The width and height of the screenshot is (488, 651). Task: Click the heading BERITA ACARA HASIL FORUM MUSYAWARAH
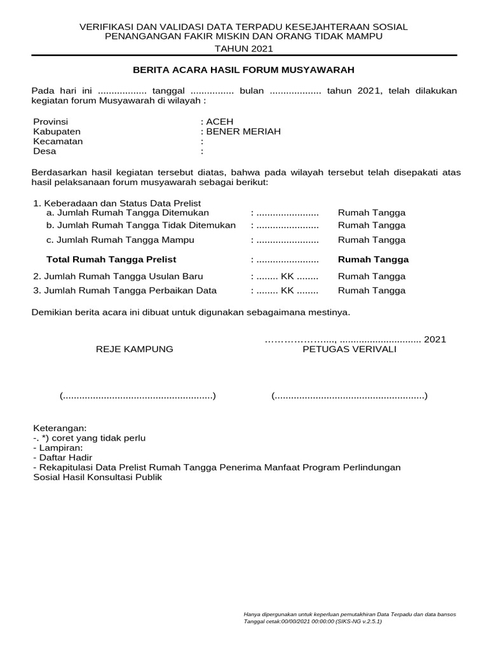tap(243, 69)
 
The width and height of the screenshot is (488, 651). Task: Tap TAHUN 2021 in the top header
tap(243, 48)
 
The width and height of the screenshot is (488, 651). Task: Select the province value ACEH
tap(219, 121)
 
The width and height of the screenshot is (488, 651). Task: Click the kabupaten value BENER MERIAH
tap(242, 132)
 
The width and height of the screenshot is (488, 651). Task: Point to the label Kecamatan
tap(58, 141)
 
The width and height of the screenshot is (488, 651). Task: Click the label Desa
tap(44, 151)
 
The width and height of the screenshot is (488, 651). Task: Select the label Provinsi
tap(50, 121)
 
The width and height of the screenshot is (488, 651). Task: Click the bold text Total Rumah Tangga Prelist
tap(111, 259)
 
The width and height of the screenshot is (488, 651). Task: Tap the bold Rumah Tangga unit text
tap(373, 259)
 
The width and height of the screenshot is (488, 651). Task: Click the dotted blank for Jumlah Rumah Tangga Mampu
tap(287, 240)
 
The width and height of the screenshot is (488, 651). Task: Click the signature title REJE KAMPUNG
tap(134, 350)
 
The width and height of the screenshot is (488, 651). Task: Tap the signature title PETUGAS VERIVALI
tap(349, 350)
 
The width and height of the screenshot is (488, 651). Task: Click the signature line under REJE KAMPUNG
tap(138, 397)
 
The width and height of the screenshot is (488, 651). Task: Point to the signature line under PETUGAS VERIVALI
tap(349, 397)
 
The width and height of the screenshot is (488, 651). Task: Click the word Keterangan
tap(59, 428)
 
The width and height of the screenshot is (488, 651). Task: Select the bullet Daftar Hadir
tap(64, 458)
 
